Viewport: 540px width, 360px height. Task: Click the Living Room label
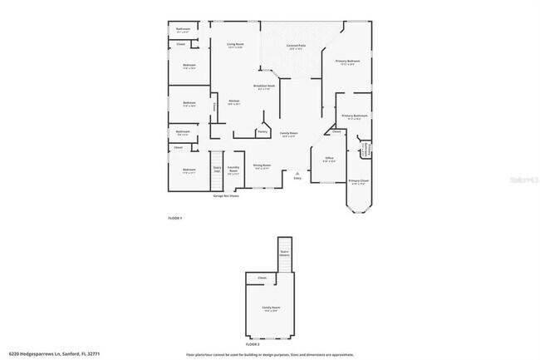point(235,44)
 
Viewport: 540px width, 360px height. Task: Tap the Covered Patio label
point(295,47)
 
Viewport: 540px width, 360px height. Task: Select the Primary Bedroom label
point(347,62)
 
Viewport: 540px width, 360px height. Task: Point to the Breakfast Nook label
point(264,86)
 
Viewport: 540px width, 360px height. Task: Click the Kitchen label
point(235,101)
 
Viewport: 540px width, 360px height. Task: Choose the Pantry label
point(262,131)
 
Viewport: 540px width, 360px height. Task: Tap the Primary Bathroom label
point(354,116)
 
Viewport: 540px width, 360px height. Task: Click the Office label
point(329,158)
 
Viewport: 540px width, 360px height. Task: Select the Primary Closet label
point(359,180)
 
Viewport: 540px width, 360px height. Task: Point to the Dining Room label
point(262,165)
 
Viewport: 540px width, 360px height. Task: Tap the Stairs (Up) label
point(217,169)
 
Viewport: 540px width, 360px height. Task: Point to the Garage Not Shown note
point(226,196)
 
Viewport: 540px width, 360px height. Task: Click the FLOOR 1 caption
point(174,218)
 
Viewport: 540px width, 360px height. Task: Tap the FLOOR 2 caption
point(253,343)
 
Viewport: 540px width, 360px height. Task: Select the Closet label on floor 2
point(262,278)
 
